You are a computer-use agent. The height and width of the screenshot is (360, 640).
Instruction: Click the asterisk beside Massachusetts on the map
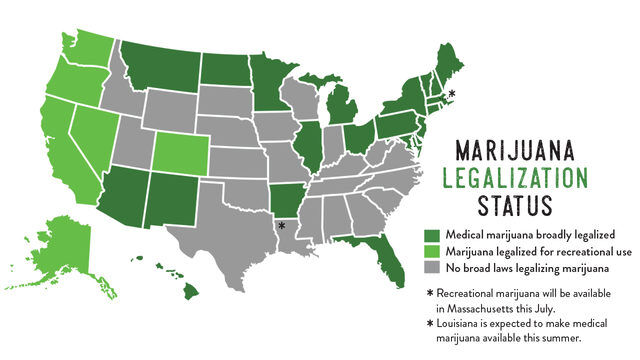tap(452, 93)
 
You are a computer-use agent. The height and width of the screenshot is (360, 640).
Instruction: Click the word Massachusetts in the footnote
tap(479, 309)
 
